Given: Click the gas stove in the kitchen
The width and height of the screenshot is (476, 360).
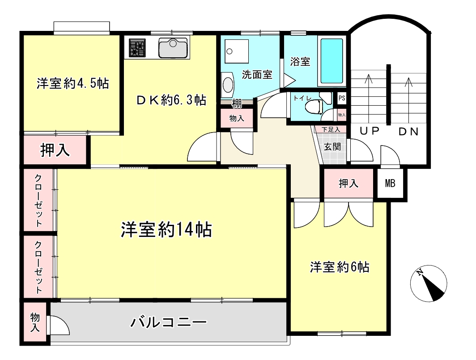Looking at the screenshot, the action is pyautogui.click(x=137, y=48).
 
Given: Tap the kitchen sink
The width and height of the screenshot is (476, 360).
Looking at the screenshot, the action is pyautogui.click(x=173, y=48).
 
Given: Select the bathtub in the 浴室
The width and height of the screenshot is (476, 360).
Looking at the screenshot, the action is pyautogui.click(x=331, y=61).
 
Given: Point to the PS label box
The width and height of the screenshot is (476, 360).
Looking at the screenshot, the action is pyautogui.click(x=342, y=98).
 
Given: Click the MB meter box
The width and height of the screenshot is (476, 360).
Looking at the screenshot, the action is pyautogui.click(x=390, y=183).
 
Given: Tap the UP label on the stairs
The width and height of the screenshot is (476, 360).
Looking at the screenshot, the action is pyautogui.click(x=370, y=131).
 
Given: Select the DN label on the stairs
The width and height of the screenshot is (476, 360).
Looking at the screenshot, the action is pyautogui.click(x=408, y=132).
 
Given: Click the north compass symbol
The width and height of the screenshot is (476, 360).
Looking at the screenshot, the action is pyautogui.click(x=429, y=283).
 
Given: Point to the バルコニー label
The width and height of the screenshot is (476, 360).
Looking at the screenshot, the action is pyautogui.click(x=169, y=322).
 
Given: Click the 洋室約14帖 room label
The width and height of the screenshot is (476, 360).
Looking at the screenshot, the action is pyautogui.click(x=166, y=229).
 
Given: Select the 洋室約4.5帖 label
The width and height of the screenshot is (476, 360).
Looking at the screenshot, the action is pyautogui.click(x=72, y=83).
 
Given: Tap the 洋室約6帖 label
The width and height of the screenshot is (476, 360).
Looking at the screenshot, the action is pyautogui.click(x=340, y=267).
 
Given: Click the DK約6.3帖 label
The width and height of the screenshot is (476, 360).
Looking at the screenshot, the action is pyautogui.click(x=171, y=100).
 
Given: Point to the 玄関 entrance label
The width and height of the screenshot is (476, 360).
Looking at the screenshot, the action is pyautogui.click(x=332, y=147).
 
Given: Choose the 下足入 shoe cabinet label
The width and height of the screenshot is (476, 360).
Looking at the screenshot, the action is pyautogui.click(x=330, y=129).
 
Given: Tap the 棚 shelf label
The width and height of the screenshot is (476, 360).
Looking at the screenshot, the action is pyautogui.click(x=237, y=103).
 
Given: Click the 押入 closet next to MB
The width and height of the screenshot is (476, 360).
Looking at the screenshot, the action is pyautogui.click(x=348, y=183).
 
